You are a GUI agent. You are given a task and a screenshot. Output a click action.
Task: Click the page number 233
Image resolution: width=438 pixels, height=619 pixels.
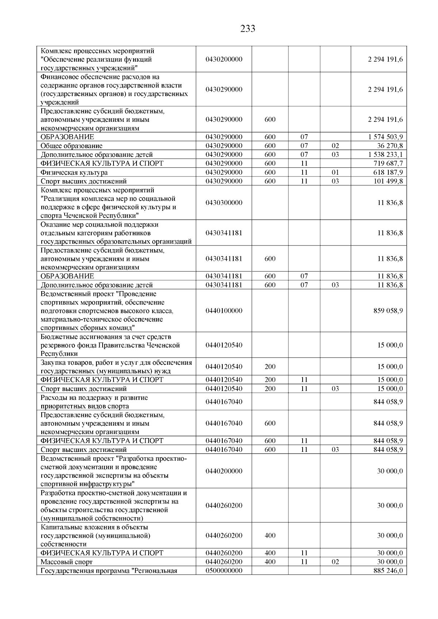click(247, 29)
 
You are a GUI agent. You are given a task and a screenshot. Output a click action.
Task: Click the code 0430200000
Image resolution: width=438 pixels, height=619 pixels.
click(224, 59)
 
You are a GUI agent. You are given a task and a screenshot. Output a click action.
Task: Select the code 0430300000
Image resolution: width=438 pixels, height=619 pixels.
click(224, 203)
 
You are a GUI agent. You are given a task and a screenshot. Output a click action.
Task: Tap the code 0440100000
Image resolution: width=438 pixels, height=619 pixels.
click(224, 311)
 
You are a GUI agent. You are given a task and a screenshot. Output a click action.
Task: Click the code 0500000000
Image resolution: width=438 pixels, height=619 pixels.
click(224, 571)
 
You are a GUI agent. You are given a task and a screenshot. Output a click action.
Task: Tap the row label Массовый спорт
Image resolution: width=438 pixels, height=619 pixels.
click(66, 562)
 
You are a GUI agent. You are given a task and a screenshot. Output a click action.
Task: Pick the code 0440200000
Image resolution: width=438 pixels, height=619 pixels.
click(224, 471)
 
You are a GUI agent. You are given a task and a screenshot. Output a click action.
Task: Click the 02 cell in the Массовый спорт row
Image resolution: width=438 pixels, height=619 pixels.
click(335, 562)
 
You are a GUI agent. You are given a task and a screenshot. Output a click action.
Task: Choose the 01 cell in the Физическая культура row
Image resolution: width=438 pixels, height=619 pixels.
click(335, 173)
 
